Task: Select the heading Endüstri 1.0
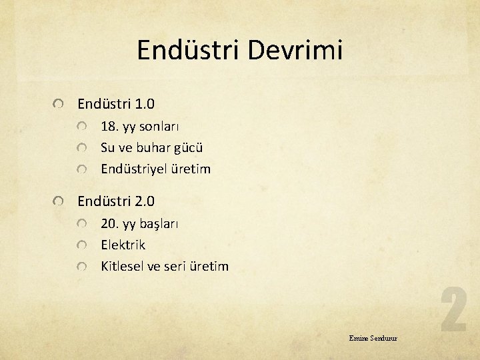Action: (116, 104)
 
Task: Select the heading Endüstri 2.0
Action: (116, 201)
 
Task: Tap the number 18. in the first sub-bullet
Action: (109, 126)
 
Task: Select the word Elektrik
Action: (123, 245)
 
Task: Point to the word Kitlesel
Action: (122, 266)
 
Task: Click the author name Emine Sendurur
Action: (373, 338)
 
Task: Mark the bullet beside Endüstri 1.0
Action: (60, 105)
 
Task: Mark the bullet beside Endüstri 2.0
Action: (60, 201)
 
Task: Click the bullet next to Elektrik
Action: (81, 245)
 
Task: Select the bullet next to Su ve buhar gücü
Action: (81, 148)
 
